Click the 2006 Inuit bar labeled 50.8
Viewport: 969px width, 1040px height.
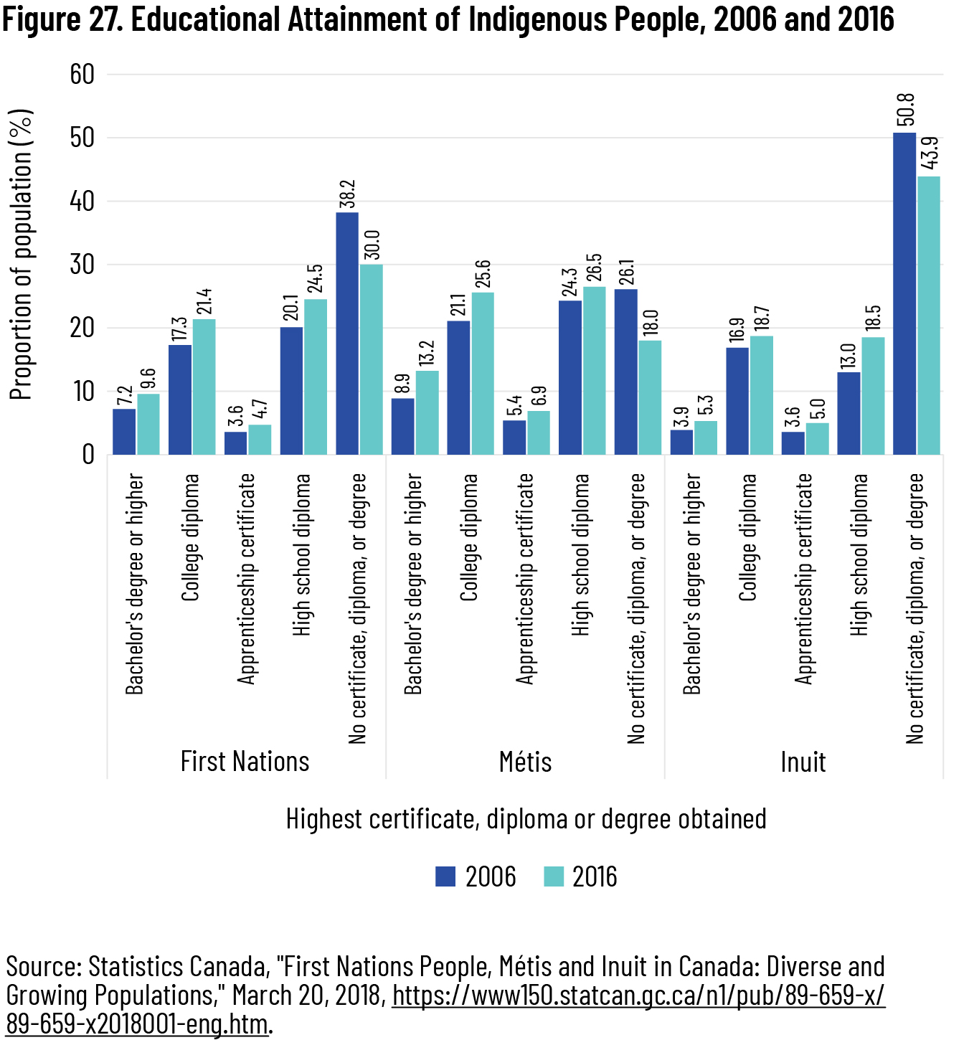tap(904, 293)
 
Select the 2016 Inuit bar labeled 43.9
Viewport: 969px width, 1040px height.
tap(929, 315)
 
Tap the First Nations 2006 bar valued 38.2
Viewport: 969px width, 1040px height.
tap(347, 334)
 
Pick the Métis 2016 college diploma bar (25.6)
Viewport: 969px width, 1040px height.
tap(482, 373)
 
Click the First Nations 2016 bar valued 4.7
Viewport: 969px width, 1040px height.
tap(260, 440)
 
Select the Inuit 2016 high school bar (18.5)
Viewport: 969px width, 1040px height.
tap(873, 396)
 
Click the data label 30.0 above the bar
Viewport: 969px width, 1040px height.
tap(372, 245)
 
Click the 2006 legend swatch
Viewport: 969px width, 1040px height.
tap(445, 876)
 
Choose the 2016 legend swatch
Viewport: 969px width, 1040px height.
tap(554, 876)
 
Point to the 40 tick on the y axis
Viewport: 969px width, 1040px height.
tap(82, 202)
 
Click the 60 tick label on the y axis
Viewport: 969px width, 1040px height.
tap(82, 74)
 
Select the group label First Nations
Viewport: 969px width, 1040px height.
tap(245, 761)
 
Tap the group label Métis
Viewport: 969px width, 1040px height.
tap(525, 762)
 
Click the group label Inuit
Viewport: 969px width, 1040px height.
tap(803, 762)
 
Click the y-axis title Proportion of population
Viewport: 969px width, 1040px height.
tap(22, 255)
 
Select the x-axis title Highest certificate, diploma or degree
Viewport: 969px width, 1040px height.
tap(526, 818)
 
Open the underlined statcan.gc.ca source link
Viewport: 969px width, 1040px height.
tap(638, 996)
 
